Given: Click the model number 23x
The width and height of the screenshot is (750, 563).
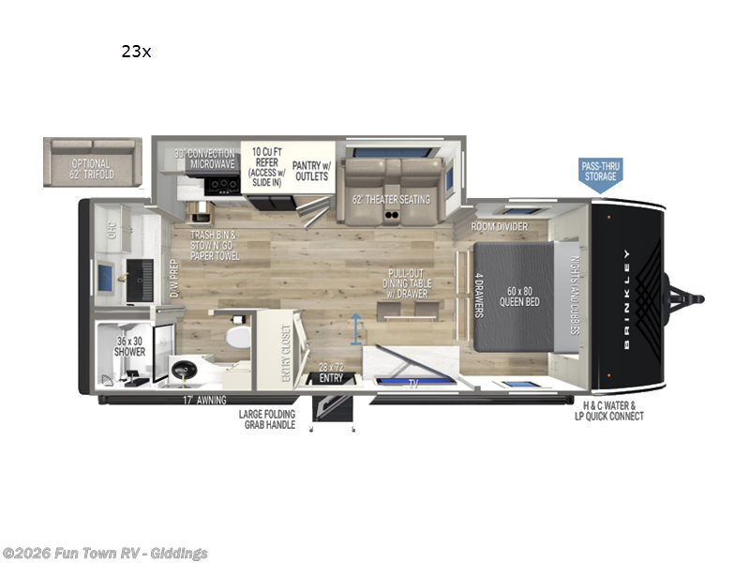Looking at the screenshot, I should [135, 52].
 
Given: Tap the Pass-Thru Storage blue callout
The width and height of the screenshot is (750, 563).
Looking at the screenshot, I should [599, 172].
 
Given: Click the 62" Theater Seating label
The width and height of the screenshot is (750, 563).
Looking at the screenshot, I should [390, 199].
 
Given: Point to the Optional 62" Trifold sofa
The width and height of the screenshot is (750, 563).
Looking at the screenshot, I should [92, 161].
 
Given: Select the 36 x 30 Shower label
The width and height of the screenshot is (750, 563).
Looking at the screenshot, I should [130, 346].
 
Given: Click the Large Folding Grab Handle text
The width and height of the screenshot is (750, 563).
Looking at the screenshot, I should [267, 419].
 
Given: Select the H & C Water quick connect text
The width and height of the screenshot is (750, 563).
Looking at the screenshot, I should [609, 411].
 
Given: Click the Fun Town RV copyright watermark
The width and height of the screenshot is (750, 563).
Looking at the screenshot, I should [105, 553].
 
